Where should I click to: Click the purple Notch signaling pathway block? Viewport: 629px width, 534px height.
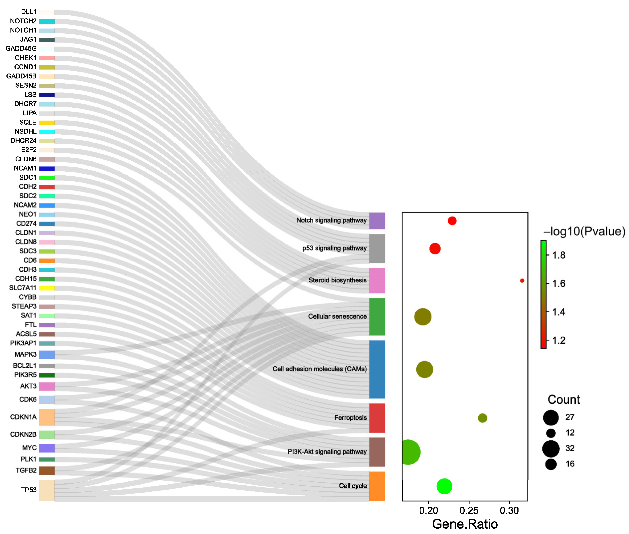(x=377, y=221)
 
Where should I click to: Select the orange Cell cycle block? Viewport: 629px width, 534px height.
(x=377, y=486)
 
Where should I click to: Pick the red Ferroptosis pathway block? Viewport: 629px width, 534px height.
(x=377, y=418)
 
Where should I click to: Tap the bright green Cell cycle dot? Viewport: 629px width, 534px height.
(x=444, y=486)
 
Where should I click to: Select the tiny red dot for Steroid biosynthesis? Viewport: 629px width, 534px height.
(x=522, y=281)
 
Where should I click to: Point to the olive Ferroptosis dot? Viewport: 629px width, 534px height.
(x=482, y=418)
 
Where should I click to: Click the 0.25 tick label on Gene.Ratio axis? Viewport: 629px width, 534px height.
(x=469, y=511)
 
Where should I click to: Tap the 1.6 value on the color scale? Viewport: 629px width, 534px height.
(x=559, y=284)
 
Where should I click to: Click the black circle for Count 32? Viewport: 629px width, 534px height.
(x=551, y=448)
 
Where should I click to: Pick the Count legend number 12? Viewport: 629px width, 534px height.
(x=570, y=433)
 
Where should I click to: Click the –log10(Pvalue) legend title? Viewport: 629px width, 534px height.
(x=584, y=231)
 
